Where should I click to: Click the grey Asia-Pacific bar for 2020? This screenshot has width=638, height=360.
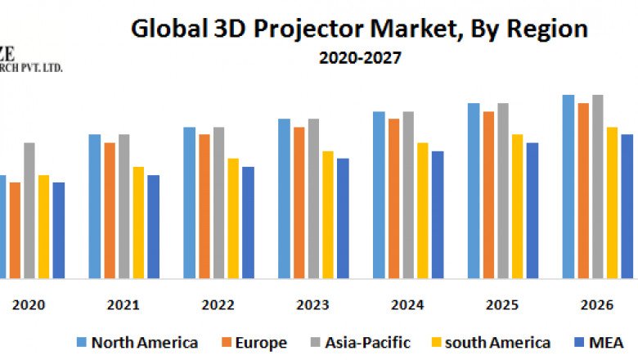click(29, 210)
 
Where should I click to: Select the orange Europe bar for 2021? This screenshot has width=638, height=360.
click(110, 210)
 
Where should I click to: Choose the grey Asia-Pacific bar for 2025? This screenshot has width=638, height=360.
click(503, 191)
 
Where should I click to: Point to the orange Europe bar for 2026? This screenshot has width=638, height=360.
click(583, 191)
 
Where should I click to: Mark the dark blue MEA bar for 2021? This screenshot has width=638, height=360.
click(154, 227)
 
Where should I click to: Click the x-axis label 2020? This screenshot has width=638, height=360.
click(29, 304)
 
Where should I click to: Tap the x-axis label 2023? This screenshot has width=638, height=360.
click(313, 304)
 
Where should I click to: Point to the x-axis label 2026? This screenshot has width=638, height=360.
click(597, 304)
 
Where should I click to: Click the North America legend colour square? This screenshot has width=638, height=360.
click(81, 342)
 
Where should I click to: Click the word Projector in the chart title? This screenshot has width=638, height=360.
click(321, 29)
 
